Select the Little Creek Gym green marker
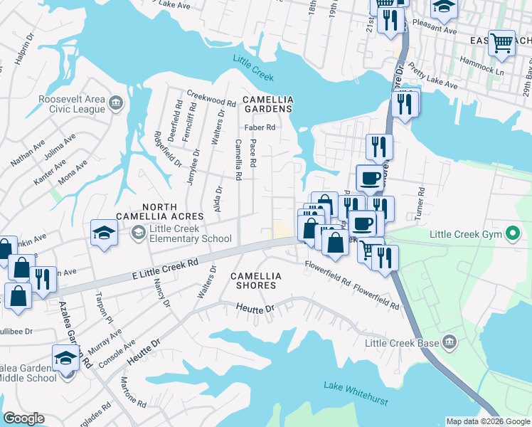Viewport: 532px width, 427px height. point(510,233)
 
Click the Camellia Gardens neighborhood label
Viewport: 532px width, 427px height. point(267,104)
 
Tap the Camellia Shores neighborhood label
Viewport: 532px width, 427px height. point(253,280)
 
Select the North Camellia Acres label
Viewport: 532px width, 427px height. point(163,211)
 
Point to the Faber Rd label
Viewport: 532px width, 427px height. point(260,128)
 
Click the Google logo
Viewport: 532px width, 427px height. point(23,418)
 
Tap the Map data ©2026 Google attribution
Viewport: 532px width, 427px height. point(488,421)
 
